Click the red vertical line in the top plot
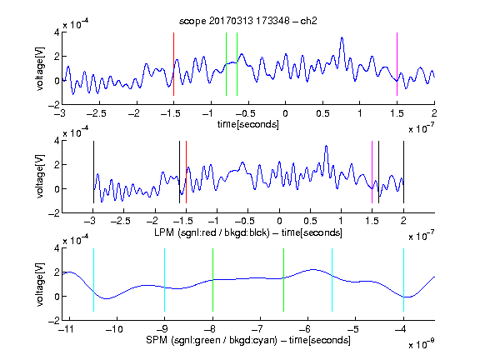click(173, 64)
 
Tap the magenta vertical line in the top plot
click(397, 64)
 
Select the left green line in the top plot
click(226, 64)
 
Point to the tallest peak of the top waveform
click(342, 37)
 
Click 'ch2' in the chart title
click(308, 21)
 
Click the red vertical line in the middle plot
click(186, 172)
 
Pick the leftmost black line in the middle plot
click(93, 172)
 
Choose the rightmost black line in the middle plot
click(403, 172)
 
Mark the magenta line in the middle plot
click(372, 172)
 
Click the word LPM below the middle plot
click(164, 232)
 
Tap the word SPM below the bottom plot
click(157, 340)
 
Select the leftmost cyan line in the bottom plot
click(93, 280)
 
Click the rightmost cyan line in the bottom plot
click(403, 280)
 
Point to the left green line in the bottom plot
click(212, 280)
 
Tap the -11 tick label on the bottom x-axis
click(67, 329)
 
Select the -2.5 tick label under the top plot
click(97, 113)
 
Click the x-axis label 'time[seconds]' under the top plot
click(248, 124)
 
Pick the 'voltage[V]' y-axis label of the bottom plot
click(40, 285)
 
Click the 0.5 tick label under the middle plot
click(310, 221)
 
